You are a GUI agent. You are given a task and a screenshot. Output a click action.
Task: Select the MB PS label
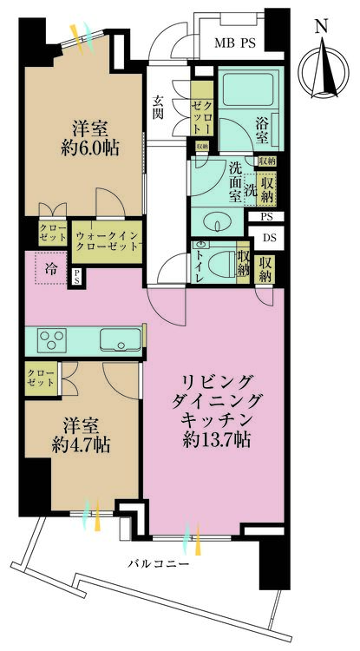tap(234, 43)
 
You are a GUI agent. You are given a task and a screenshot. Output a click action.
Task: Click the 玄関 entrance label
tap(158, 107)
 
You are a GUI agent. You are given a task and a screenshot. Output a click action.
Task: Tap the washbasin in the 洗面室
tap(217, 222)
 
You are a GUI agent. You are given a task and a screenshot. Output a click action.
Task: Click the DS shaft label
tap(269, 238)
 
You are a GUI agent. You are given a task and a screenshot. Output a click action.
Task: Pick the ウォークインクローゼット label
tap(107, 240)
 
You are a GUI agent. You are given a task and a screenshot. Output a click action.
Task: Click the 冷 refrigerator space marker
tap(51, 268)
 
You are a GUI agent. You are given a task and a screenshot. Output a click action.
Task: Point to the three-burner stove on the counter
tap(52, 339)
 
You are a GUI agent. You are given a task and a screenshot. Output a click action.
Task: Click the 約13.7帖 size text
tap(218, 440)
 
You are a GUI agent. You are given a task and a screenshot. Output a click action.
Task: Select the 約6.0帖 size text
tap(89, 148)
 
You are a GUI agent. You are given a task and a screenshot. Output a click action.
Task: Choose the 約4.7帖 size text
tap(81, 445)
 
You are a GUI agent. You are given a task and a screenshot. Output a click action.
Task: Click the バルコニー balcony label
tap(158, 564)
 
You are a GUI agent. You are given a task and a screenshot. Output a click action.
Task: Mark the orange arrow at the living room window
tap(198, 539)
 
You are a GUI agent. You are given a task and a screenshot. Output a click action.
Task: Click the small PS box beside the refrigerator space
tap(77, 278)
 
